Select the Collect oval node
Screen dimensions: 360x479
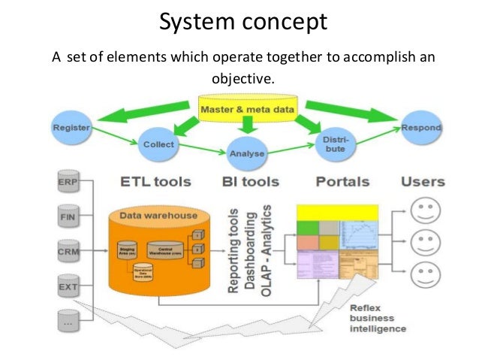pyautogui.click(x=158, y=144)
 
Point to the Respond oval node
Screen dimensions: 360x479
pyautogui.click(x=421, y=127)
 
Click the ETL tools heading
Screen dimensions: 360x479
pyautogui.click(x=155, y=181)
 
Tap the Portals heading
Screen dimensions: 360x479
pyautogui.click(x=342, y=181)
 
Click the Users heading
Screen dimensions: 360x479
pyautogui.click(x=423, y=181)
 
